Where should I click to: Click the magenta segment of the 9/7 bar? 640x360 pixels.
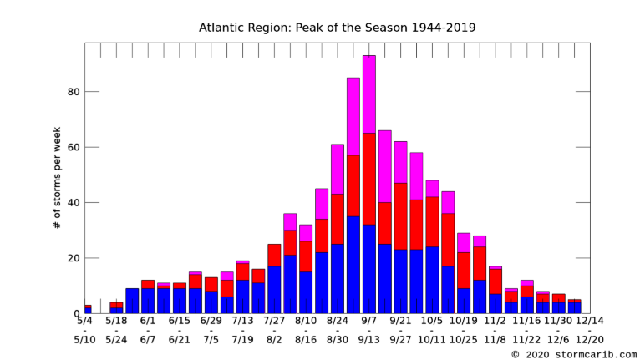369,94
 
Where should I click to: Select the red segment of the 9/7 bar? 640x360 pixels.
369,179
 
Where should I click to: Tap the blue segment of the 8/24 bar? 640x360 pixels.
338,279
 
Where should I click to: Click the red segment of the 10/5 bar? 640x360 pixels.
432,221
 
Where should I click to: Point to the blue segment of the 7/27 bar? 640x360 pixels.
274,290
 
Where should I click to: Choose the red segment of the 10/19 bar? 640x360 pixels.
464,271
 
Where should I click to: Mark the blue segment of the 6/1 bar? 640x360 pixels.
148,301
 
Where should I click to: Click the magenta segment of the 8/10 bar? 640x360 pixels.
306,233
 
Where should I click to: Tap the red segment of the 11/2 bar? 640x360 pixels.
495,281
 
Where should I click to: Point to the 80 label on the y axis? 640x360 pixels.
74,92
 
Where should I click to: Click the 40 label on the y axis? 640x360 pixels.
74,203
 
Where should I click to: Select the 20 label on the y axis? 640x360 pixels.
74,258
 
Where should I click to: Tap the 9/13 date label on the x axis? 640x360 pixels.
369,340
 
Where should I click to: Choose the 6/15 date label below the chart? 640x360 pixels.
180,321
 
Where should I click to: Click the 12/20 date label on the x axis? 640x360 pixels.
590,340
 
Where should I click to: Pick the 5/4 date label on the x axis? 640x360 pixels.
85,321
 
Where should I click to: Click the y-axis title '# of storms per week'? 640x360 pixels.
57,178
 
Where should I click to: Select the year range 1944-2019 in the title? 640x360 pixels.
444,28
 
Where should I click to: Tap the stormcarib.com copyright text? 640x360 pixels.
574,355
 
